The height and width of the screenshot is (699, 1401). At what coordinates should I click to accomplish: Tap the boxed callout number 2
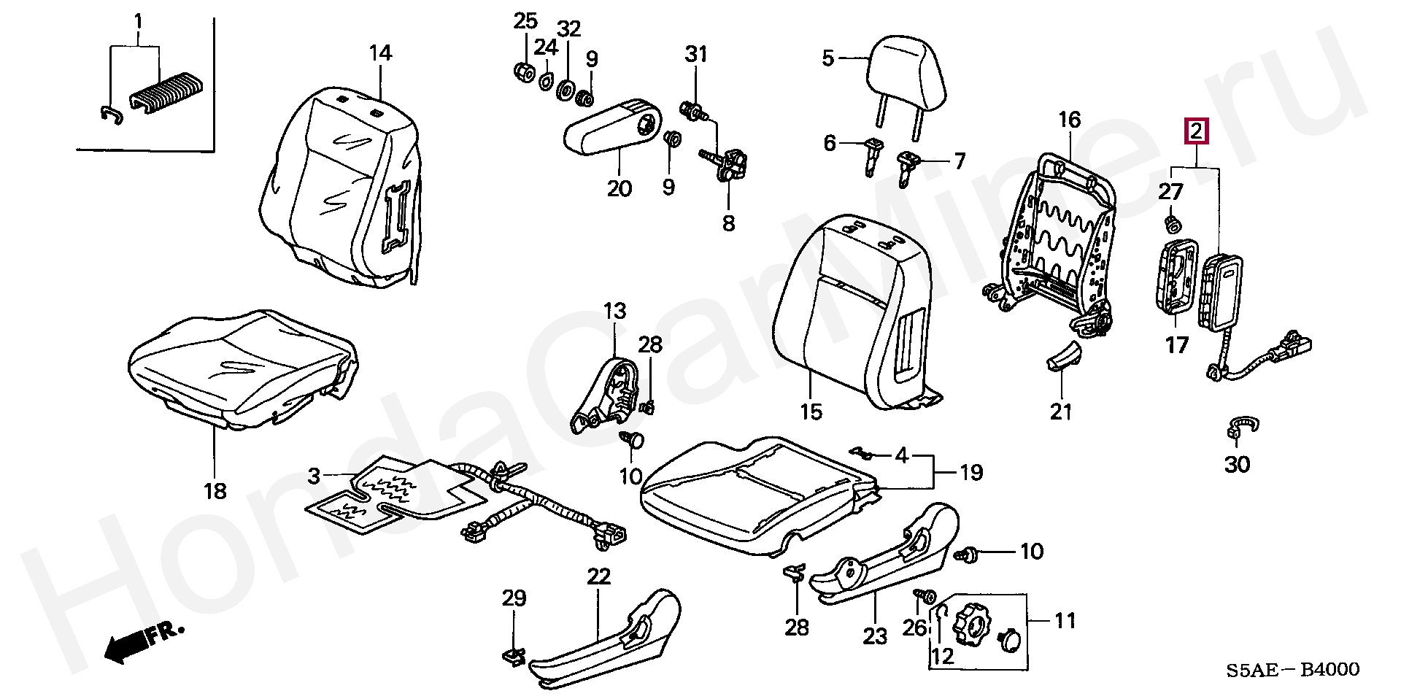click(1197, 131)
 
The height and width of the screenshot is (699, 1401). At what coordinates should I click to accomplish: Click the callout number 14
click(380, 53)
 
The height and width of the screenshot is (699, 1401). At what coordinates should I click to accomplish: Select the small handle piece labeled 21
click(1064, 353)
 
